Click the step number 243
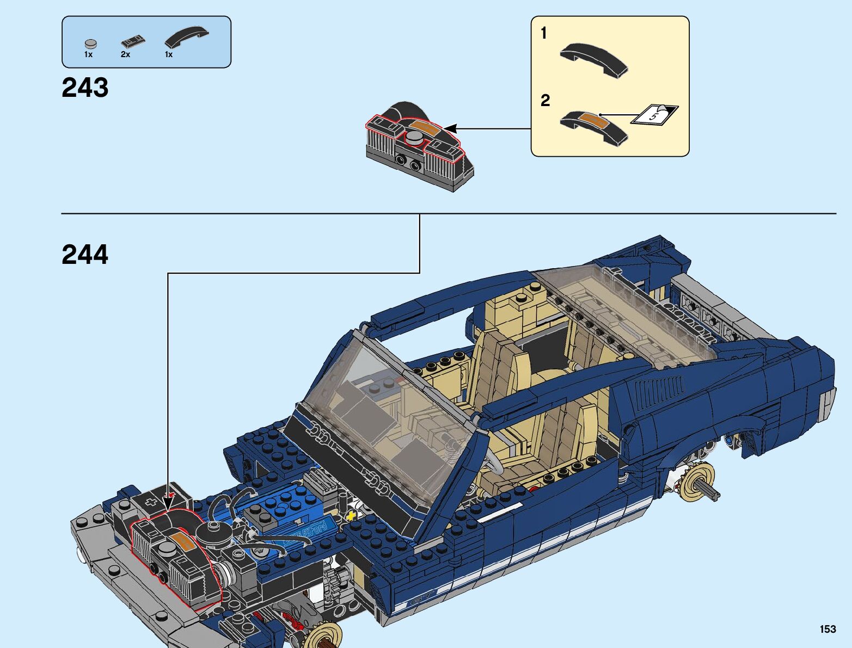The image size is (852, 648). [85, 88]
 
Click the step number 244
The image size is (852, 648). [85, 255]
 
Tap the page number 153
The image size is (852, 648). [828, 629]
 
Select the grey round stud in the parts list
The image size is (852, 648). [90, 44]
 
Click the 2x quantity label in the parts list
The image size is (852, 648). [125, 54]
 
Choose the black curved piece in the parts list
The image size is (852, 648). [186, 38]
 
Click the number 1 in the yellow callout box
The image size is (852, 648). [543, 34]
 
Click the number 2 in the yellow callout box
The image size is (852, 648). [545, 101]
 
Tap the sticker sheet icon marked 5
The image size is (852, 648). [654, 114]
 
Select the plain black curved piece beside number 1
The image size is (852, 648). [593, 59]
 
